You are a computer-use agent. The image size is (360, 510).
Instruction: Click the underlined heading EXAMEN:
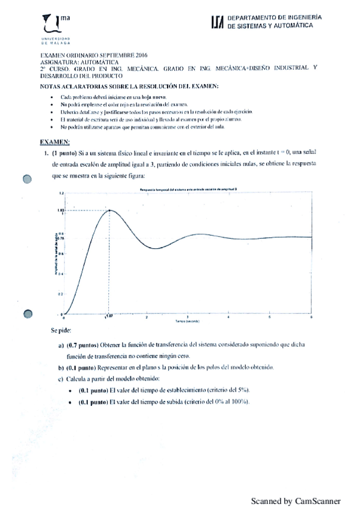coord(55,142)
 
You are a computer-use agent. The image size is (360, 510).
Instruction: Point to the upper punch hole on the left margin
coord(27,179)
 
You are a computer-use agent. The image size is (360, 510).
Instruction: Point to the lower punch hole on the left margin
coord(27,313)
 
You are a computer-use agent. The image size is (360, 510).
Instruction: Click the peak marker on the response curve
coord(109,209)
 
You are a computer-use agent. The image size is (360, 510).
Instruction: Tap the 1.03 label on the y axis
coord(61,209)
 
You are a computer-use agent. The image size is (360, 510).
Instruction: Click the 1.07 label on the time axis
coord(109,316)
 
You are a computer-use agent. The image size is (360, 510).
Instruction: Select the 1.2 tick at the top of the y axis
coord(61,192)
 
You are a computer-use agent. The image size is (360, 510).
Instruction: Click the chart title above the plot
coord(188,189)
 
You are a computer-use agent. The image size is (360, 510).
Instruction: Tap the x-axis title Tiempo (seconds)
coord(188,322)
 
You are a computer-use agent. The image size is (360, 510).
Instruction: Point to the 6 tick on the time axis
coord(311,316)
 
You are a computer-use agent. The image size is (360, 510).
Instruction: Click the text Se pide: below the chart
coord(63,331)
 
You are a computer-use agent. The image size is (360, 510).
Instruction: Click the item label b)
coord(61,367)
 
